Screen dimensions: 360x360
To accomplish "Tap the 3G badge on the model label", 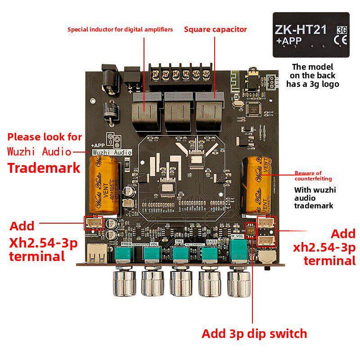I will (342, 30).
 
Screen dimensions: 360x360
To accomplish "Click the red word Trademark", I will (44, 168).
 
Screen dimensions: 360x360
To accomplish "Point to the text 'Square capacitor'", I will (216, 29).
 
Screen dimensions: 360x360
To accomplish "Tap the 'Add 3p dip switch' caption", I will (254, 333).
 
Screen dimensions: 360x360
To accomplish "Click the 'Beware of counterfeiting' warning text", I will (308, 176).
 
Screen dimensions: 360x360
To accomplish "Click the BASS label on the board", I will (212, 242).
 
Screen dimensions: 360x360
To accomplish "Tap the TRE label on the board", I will (179, 242).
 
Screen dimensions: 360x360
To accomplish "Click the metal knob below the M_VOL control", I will (239, 281).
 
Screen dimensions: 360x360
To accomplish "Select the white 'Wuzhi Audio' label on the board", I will (112, 153).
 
